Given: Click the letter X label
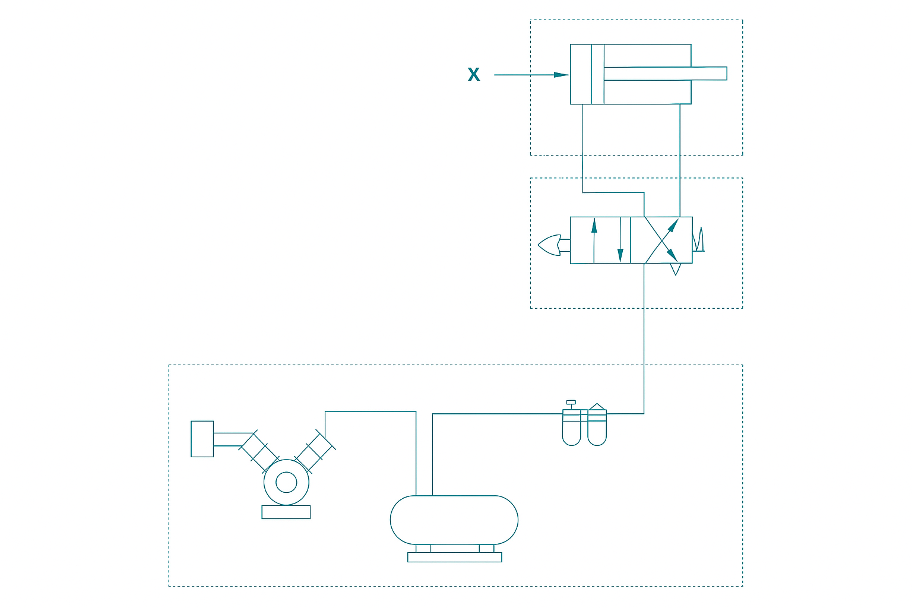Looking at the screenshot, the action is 473,75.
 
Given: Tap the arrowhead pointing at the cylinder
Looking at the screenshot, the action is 561,75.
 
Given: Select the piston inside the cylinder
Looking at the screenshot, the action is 598,74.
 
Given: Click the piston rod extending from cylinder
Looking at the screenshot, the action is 665,74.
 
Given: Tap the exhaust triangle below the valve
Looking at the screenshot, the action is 676,269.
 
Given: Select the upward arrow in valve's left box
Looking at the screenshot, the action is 594,240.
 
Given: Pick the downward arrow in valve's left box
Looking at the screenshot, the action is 620,239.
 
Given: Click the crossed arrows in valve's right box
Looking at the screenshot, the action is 661,240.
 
